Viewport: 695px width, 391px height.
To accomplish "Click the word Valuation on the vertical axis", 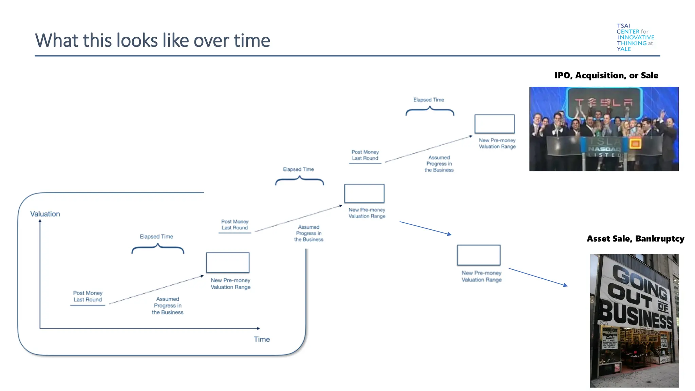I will point(45,214).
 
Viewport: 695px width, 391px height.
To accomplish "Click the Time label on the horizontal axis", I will point(262,339).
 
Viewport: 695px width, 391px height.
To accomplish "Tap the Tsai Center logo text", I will point(635,37).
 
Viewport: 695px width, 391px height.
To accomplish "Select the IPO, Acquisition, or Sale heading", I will point(606,75).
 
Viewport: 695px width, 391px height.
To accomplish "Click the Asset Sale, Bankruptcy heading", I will point(635,239).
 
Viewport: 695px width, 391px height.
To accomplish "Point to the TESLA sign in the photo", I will point(605,102).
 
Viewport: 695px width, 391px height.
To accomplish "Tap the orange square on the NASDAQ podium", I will point(635,144).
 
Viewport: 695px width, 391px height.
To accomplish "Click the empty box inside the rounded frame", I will point(228,262).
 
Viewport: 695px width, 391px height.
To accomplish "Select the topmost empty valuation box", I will point(494,124).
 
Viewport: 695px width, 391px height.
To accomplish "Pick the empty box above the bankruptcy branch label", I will point(478,255).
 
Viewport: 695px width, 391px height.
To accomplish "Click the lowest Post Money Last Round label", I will point(88,296).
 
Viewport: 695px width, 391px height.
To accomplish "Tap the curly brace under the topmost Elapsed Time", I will point(430,111).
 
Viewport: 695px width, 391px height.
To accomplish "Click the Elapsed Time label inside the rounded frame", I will point(156,237).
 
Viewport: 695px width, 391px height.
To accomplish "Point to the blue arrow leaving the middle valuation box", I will point(425,228).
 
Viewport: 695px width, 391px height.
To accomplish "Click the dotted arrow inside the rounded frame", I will point(156,290).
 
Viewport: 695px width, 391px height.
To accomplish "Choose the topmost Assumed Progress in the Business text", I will point(439,164).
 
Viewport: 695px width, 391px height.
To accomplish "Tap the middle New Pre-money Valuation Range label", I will point(367,213).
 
